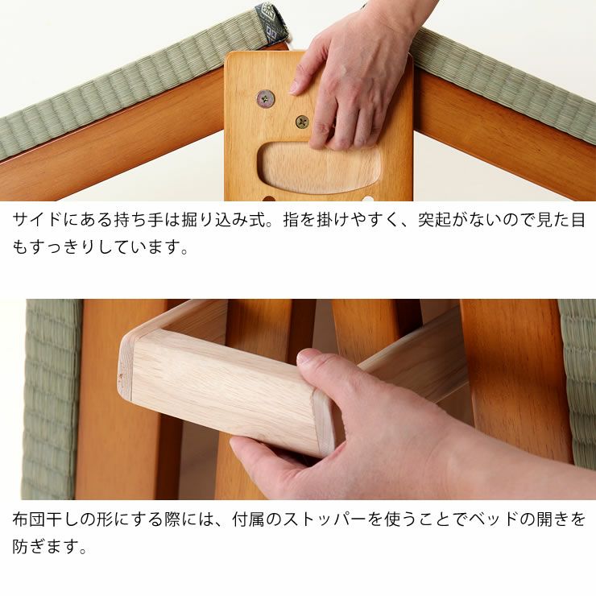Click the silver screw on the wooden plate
coord(265,98)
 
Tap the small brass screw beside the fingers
coord(302,122)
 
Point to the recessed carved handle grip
coord(319,168)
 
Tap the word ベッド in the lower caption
coord(489,519)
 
